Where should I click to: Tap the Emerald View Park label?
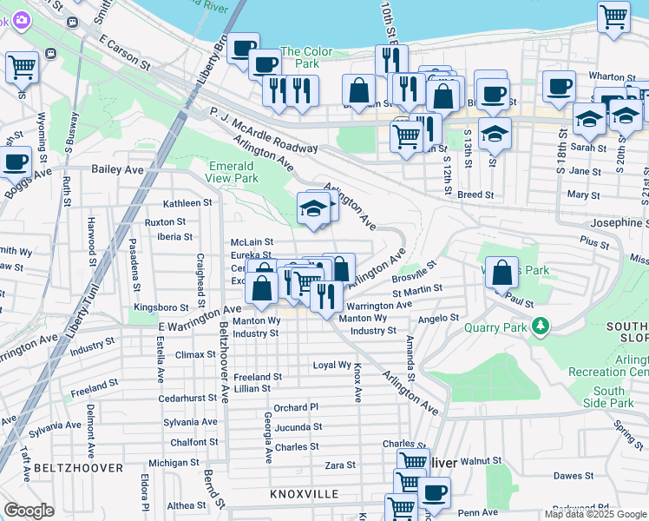tap(233, 172)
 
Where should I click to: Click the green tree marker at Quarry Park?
tap(541, 326)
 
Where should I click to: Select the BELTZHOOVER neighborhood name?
tap(71, 468)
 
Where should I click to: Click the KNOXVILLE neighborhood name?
tap(304, 493)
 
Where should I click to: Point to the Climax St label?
tap(194, 354)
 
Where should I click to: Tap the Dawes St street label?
tap(574, 475)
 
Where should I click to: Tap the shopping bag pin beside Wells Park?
tap(502, 273)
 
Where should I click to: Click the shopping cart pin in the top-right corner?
tap(613, 16)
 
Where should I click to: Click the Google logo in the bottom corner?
tap(29, 511)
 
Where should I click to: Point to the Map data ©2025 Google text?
tap(595, 514)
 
